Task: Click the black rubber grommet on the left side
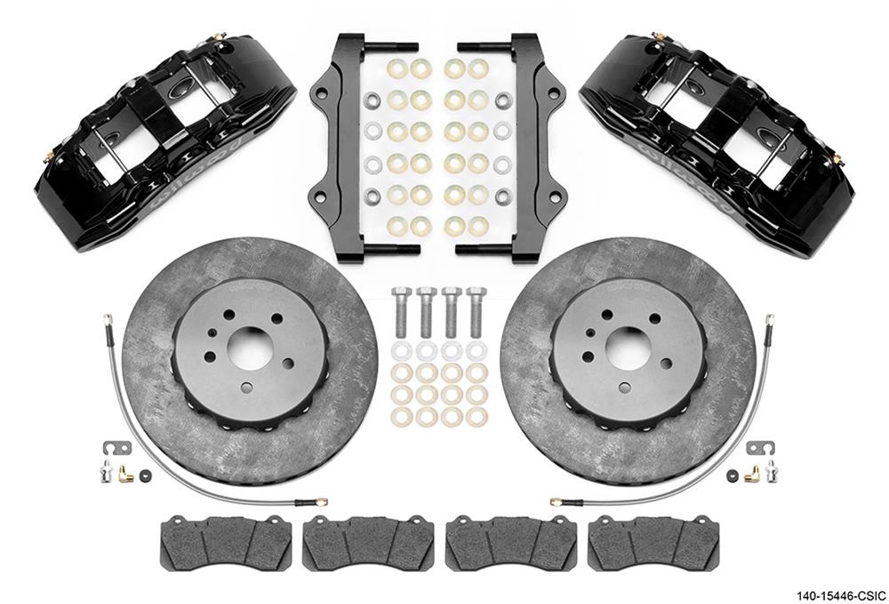coord(146,476)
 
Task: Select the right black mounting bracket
coord(531,147)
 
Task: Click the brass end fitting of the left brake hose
coord(320,502)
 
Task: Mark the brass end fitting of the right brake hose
coord(557,502)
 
